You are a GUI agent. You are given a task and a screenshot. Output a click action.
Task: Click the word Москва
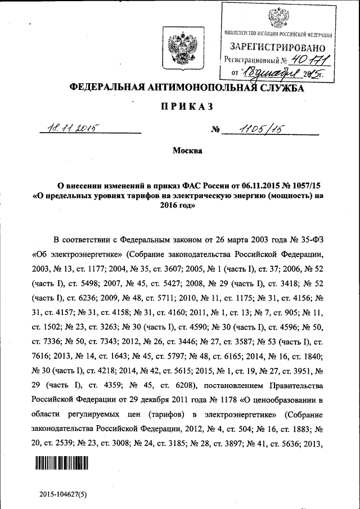pos(187,150)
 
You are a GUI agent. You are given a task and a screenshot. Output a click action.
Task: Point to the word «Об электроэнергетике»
pos(73,254)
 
